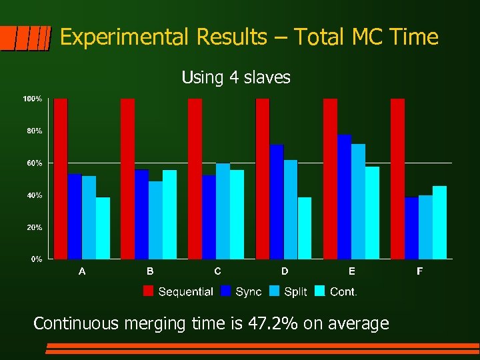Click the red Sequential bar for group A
pos(61,179)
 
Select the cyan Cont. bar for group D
pos(305,228)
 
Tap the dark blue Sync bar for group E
pos(344,197)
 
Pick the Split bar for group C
pos(223,211)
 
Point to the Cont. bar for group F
pos(439,222)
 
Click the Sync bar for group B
pos(142,214)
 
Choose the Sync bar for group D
pos(277,201)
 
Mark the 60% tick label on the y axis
pos(34,163)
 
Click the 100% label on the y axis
pos(33,99)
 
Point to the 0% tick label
pos(36,259)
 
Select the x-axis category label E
pos(352,271)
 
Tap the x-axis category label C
pos(217,271)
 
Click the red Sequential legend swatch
pos(149,291)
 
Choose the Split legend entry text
pos(295,291)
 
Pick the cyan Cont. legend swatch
pos(320,291)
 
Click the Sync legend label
pos(248,291)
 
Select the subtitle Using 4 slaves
pos(236,78)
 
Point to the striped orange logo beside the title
pos(25,38)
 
